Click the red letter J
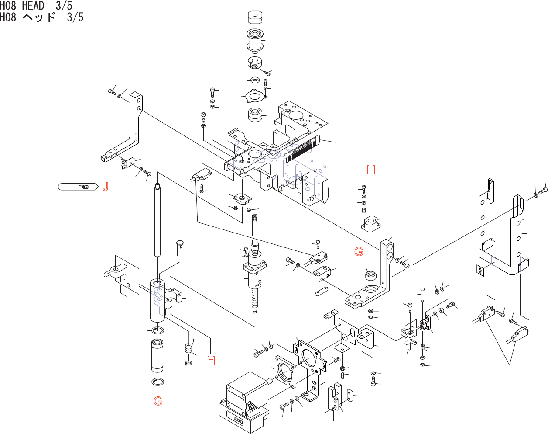click(x=105, y=187)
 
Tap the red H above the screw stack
click(x=371, y=170)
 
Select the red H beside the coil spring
click(x=211, y=361)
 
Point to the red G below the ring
click(x=158, y=401)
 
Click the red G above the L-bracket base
click(x=359, y=251)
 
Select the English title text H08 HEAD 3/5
click(x=36, y=6)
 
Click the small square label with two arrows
click(x=480, y=270)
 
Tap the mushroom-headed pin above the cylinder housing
click(x=181, y=247)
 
